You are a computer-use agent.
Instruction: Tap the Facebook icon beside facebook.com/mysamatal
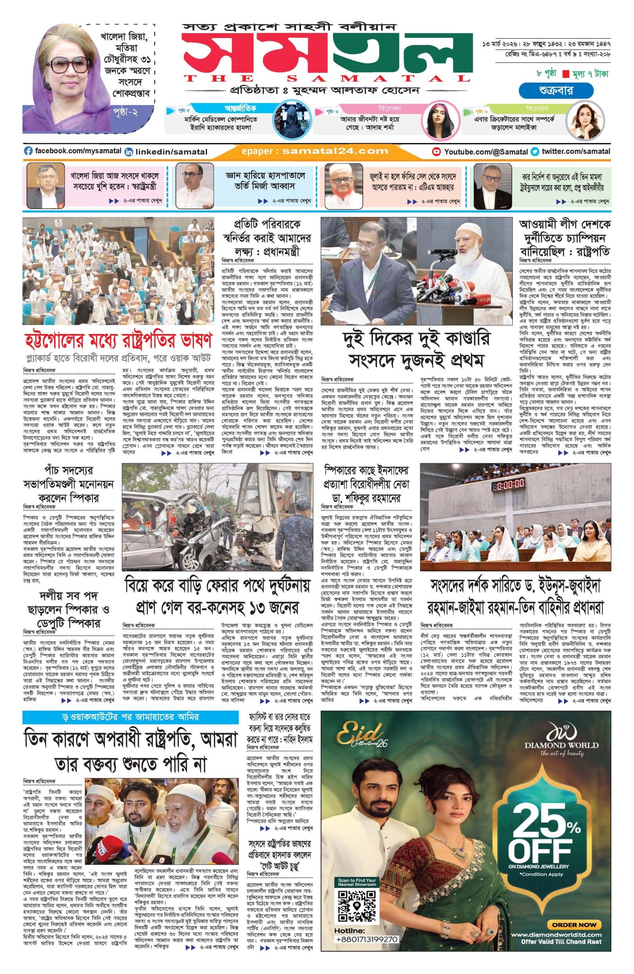coord(28,151)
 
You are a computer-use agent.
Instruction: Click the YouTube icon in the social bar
coord(437,151)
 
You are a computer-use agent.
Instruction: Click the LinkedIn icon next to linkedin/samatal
coord(129,152)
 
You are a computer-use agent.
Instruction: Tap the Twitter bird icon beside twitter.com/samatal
coord(534,151)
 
